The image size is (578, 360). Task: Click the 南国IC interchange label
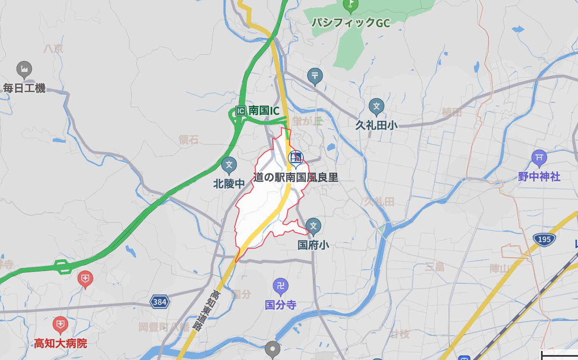pyautogui.click(x=264, y=111)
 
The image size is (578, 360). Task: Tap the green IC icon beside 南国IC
pyautogui.click(x=240, y=111)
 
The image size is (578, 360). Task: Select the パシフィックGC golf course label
pyautogui.click(x=351, y=23)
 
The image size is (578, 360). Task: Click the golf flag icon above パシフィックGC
pyautogui.click(x=350, y=5)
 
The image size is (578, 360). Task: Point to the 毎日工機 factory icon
pyautogui.click(x=24, y=70)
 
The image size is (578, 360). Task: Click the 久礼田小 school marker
pyautogui.click(x=376, y=107)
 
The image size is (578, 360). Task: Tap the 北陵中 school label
pyautogui.click(x=229, y=184)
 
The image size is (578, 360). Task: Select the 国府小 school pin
pyautogui.click(x=313, y=226)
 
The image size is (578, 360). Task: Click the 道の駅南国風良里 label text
pyautogui.click(x=296, y=178)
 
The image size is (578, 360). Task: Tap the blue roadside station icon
pyautogui.click(x=295, y=158)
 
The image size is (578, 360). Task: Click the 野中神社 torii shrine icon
pyautogui.click(x=539, y=157)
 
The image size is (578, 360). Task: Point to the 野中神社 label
pyautogui.click(x=539, y=177)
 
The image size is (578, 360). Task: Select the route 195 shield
pyautogui.click(x=544, y=239)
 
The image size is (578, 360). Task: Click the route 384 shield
pyautogui.click(x=160, y=302)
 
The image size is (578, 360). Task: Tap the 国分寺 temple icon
pyautogui.click(x=281, y=286)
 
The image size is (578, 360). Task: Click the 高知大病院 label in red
pyautogui.click(x=60, y=343)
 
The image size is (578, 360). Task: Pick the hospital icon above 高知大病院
pyautogui.click(x=60, y=325)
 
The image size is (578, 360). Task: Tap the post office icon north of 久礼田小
pyautogui.click(x=315, y=76)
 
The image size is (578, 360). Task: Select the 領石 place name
pyautogui.click(x=188, y=140)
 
